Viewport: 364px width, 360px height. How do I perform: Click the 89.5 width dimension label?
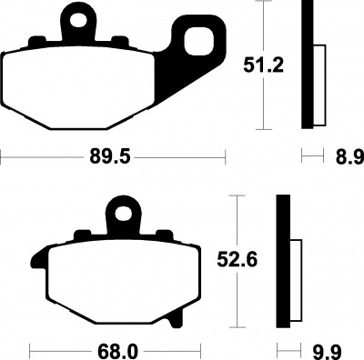coord(109,157)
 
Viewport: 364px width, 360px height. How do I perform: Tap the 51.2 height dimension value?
coord(263,65)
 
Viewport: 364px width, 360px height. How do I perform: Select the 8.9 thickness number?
coord(349,157)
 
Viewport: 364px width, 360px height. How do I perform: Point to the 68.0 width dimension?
coord(117,353)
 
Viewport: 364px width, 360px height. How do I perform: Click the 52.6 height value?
coord(238,260)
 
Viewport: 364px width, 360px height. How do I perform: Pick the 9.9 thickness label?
coord(328,353)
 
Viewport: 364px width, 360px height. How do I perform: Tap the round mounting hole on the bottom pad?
coord(123,214)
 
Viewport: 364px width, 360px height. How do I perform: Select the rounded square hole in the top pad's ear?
coord(197,42)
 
